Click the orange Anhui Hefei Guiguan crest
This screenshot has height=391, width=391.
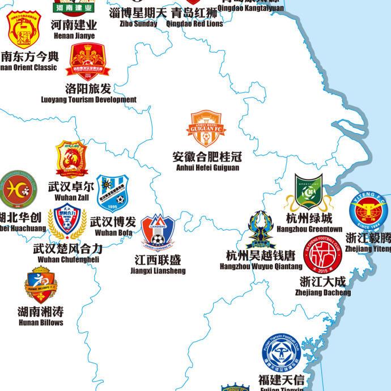click(x=207, y=129)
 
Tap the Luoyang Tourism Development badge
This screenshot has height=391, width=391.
click(x=90, y=61)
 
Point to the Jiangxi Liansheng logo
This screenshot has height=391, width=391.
click(x=158, y=232)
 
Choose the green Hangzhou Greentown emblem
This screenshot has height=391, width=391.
click(x=308, y=192)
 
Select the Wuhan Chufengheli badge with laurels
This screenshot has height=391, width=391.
click(x=67, y=223)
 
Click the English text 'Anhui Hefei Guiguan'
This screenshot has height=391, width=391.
click(x=207, y=168)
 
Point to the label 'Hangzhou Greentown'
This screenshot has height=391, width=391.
click(x=309, y=229)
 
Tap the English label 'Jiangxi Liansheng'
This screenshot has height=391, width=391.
click(x=158, y=271)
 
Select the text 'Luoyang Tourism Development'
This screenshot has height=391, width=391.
click(x=89, y=100)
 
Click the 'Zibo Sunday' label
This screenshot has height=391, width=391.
click(x=138, y=24)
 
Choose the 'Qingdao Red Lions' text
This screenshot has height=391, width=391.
click(x=194, y=24)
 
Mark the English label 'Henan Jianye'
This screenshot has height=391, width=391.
click(x=74, y=36)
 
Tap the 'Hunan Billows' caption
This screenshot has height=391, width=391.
click(x=40, y=322)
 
